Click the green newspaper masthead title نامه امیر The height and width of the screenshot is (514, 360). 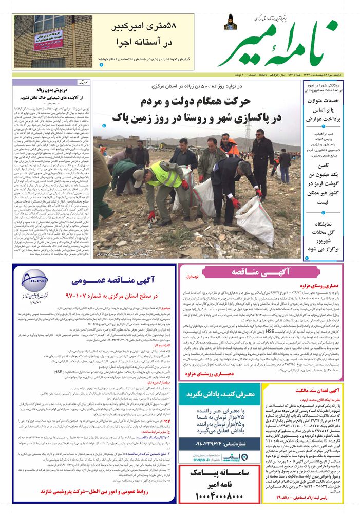coord(280,46)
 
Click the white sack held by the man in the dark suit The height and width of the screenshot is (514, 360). coord(254,222)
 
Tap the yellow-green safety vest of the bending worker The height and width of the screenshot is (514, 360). coord(166,175)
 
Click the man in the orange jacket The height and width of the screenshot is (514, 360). coord(229,147)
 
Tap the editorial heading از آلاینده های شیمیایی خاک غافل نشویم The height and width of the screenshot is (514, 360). coord(51,96)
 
